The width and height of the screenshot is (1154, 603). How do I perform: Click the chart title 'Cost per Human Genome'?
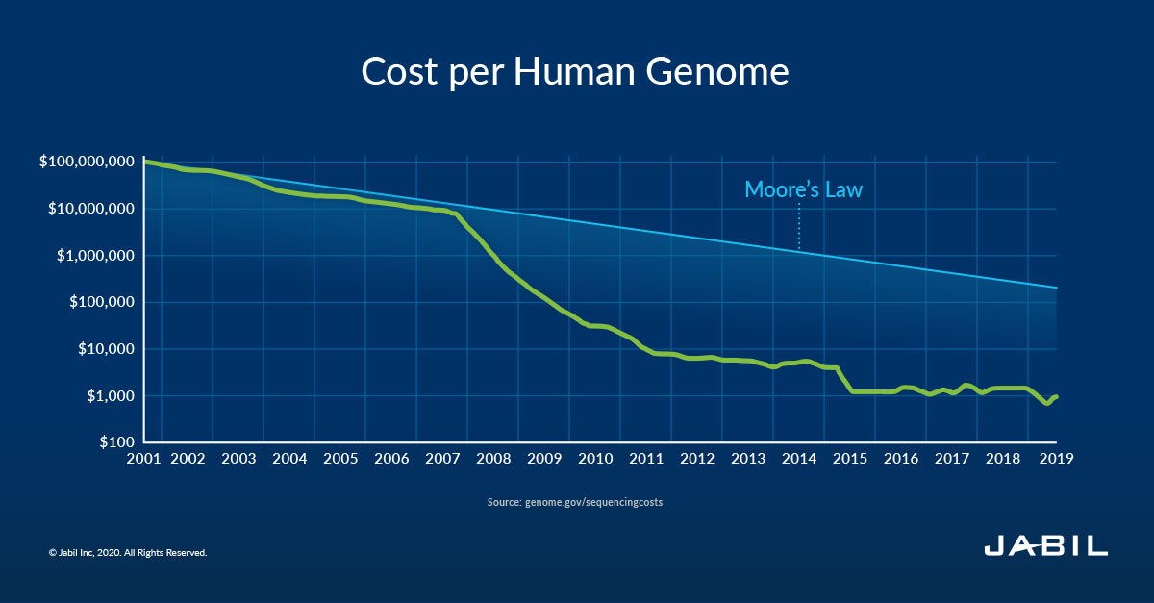click(575, 72)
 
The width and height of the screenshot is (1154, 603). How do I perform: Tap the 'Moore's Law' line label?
click(803, 189)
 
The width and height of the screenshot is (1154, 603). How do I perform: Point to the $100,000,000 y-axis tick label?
click(86, 162)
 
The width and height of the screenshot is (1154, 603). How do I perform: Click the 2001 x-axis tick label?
click(143, 459)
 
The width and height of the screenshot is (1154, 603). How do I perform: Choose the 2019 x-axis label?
click(1056, 459)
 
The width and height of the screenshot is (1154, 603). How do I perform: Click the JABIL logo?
click(1045, 547)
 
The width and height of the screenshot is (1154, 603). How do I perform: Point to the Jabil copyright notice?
click(128, 553)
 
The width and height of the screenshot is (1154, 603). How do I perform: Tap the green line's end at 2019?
click(1056, 396)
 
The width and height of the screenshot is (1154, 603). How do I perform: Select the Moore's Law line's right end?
click(1056, 288)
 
